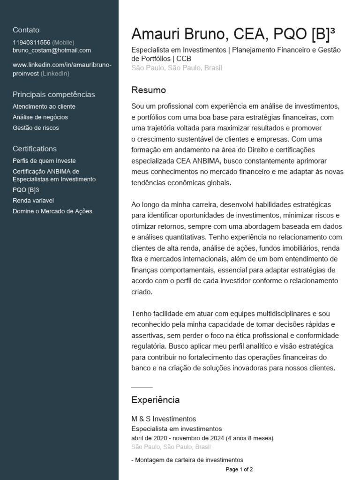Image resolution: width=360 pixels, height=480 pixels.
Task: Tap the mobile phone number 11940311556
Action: click(x=31, y=43)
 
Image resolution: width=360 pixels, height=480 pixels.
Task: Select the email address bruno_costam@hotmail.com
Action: click(x=52, y=50)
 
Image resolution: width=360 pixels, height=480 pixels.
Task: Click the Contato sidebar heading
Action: click(x=26, y=30)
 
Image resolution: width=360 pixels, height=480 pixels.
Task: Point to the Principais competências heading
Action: click(x=53, y=94)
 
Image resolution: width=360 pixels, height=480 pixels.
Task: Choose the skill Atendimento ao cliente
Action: click(x=44, y=106)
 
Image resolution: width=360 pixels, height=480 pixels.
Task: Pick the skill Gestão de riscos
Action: click(x=36, y=127)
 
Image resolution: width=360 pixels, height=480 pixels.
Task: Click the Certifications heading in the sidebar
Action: click(x=35, y=149)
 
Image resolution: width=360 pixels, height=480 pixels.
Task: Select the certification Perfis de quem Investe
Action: click(x=44, y=161)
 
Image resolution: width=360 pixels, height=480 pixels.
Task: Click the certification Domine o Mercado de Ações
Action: click(x=52, y=211)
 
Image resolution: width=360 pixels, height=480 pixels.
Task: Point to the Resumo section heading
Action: click(x=149, y=90)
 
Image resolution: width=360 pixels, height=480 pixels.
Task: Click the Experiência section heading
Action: click(x=156, y=400)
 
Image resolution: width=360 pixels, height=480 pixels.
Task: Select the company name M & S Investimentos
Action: click(x=164, y=419)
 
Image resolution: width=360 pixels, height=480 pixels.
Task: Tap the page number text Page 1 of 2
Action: click(x=239, y=469)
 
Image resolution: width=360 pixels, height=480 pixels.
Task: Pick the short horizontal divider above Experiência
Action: click(x=142, y=388)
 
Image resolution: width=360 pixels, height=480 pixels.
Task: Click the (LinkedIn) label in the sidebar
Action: click(x=55, y=74)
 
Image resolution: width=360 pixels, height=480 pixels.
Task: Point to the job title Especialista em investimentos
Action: click(x=177, y=428)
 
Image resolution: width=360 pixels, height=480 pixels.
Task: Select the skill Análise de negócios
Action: click(x=40, y=117)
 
